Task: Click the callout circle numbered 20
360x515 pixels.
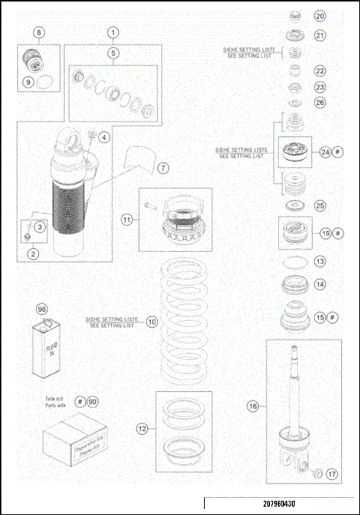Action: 320,16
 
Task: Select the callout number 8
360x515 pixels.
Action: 39,32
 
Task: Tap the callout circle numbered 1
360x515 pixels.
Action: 113,32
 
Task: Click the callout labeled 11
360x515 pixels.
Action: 127,220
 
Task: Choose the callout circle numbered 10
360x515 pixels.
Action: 152,322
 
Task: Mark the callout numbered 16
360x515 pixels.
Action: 253,406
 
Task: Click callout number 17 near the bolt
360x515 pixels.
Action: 331,473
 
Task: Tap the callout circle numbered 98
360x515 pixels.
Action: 42,310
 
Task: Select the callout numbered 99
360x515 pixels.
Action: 93,402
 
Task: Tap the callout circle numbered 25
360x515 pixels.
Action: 320,204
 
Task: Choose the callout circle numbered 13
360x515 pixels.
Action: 320,262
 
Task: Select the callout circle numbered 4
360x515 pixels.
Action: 103,137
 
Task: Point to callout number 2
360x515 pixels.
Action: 34,253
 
